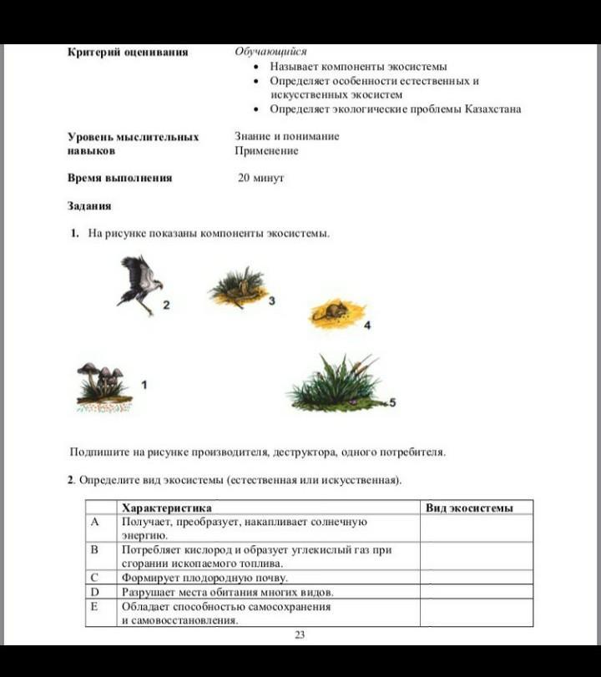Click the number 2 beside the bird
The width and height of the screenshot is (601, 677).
click(x=166, y=306)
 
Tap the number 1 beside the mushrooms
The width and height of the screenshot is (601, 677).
click(x=144, y=385)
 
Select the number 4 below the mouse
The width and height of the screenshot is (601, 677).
click(x=366, y=326)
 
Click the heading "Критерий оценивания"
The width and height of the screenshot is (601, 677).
click(x=128, y=52)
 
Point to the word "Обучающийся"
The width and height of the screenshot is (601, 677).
click(x=271, y=52)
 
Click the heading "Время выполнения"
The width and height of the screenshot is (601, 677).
click(x=120, y=178)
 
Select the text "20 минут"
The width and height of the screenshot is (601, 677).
click(x=261, y=178)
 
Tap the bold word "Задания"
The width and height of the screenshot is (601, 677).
click(x=89, y=205)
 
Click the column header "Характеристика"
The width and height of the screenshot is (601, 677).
click(x=167, y=508)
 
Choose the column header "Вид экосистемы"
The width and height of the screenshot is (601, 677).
click(x=469, y=508)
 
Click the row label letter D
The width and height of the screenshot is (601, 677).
click(x=94, y=592)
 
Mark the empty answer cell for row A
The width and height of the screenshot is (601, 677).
click(x=476, y=528)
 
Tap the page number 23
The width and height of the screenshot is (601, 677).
click(x=300, y=635)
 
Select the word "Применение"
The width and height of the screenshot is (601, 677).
click(x=266, y=151)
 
